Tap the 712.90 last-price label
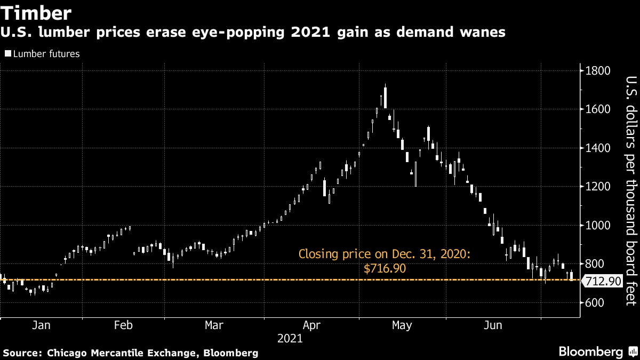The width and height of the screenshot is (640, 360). tap(603, 281)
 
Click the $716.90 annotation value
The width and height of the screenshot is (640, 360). tap(385, 269)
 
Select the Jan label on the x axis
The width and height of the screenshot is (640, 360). tap(41, 325)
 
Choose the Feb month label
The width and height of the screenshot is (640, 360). tap(123, 325)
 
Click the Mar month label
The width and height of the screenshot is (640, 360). tap(214, 325)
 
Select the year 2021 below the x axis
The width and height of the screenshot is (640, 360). tap(290, 338)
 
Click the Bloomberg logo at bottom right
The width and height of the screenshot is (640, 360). tap(590, 351)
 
